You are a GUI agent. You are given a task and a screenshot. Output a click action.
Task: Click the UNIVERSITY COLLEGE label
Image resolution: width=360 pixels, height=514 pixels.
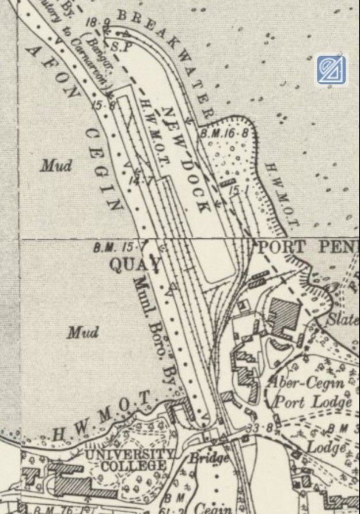[x=130, y=460]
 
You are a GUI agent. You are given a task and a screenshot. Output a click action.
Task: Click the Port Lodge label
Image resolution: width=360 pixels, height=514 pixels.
[x=313, y=402]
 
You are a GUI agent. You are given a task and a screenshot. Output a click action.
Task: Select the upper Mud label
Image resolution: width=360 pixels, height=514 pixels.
[x=56, y=166]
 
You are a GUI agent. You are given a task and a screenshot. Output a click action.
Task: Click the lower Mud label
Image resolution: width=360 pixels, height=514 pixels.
[x=82, y=332]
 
